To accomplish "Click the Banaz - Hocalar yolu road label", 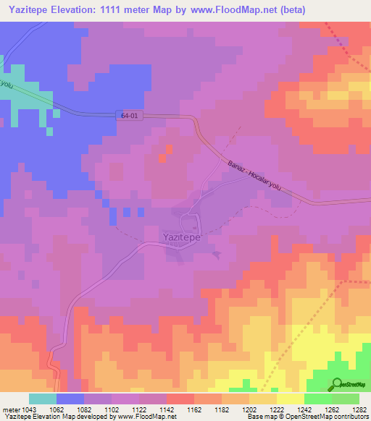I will [253, 177].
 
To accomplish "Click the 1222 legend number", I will [277, 409].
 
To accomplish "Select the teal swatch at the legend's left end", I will [43, 399].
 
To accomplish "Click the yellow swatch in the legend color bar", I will [290, 399].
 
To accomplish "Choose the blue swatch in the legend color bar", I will [70, 399].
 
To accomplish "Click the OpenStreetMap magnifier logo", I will [338, 383].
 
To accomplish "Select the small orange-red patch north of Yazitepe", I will [167, 153].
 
